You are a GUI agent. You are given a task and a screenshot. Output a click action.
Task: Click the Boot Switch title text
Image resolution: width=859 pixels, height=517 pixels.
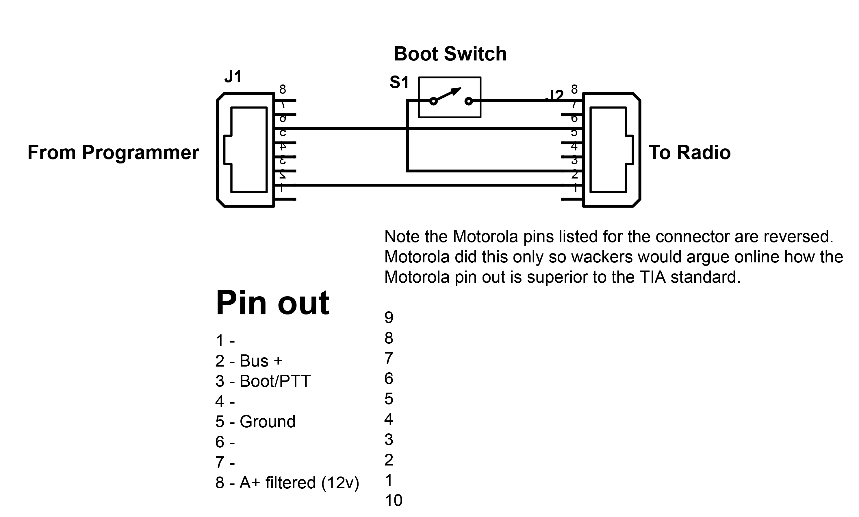[450, 54]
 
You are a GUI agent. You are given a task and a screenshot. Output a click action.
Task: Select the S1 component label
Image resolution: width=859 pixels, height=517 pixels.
[399, 82]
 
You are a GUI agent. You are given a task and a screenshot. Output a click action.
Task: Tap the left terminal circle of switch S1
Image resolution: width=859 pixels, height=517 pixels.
[433, 101]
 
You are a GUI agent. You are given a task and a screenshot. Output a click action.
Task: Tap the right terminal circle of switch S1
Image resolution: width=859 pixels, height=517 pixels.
[469, 101]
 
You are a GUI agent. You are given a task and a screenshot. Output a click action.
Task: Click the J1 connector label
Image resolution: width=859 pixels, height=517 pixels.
[233, 77]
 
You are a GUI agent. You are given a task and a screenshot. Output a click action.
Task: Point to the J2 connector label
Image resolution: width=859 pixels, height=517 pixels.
[556, 96]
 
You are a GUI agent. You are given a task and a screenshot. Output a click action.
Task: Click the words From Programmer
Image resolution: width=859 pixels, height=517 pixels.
[113, 152]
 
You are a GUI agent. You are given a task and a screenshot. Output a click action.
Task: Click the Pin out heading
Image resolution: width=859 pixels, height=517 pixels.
[272, 302]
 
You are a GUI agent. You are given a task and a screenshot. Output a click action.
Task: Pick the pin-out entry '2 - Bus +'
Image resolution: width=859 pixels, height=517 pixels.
[249, 361]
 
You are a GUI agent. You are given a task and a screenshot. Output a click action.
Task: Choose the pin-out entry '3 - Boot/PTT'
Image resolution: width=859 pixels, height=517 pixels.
[263, 381]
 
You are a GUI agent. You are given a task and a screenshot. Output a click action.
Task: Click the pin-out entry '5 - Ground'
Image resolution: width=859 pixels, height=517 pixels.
[255, 422]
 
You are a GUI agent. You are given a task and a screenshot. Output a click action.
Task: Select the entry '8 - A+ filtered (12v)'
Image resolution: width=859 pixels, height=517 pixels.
[287, 483]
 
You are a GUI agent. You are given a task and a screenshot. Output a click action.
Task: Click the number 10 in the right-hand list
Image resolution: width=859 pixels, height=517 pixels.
[394, 501]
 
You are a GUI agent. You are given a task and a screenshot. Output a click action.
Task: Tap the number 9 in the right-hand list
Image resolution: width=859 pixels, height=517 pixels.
[389, 317]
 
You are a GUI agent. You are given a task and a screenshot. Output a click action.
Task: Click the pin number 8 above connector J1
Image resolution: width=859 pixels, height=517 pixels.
[283, 89]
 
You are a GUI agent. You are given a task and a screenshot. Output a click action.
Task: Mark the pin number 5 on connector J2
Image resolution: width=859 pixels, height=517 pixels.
[574, 133]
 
